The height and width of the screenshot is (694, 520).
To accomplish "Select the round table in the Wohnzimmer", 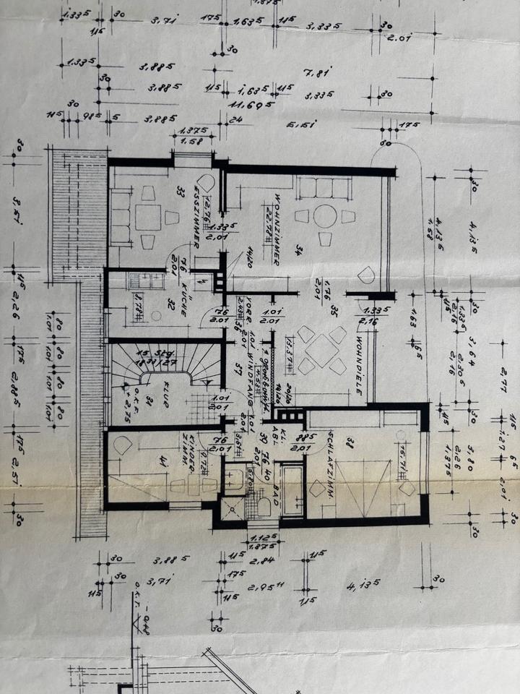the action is pos(325,215).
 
